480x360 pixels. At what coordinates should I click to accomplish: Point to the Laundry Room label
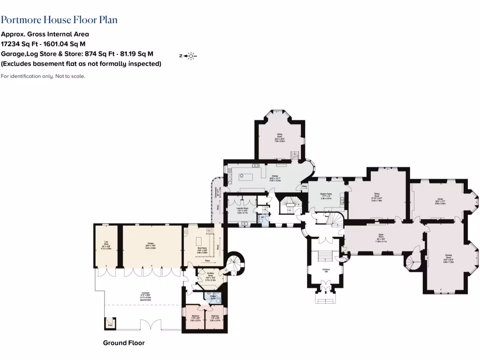coord(242,210)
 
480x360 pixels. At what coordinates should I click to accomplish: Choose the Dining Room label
coord(377,195)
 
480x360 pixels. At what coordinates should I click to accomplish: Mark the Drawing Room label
coord(449,257)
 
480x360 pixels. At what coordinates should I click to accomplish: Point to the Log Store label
coord(106,244)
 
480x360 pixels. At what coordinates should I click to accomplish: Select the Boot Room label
coord(202,251)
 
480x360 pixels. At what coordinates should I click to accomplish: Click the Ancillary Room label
coord(210,277)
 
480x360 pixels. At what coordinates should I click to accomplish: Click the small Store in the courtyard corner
coord(111,323)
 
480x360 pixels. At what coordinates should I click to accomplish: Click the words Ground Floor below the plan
coord(124,343)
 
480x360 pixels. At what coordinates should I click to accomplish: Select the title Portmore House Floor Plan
coord(59,20)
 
